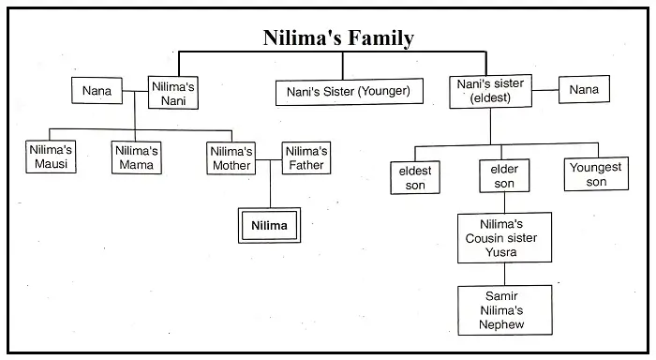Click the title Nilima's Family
(x=338, y=38)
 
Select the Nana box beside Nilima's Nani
(x=97, y=92)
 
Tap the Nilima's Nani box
(x=174, y=92)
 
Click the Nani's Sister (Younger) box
(x=349, y=92)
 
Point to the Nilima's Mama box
(x=138, y=157)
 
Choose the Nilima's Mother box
(x=231, y=157)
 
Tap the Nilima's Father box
(x=306, y=157)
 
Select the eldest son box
(x=415, y=177)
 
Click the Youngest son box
(x=596, y=175)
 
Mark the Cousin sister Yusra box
(x=504, y=238)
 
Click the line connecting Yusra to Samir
(x=504, y=275)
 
